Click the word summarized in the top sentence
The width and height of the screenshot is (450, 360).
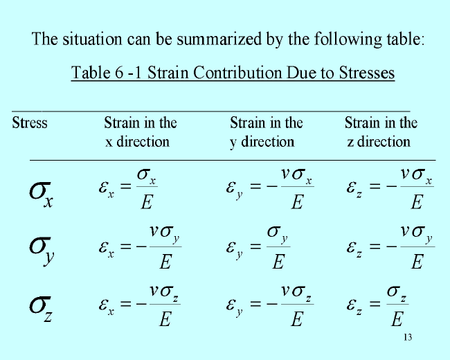coord(219,39)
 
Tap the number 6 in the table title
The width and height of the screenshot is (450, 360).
coord(119,72)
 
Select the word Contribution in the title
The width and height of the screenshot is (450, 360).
coord(237,72)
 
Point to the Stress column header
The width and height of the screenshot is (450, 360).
coord(30,123)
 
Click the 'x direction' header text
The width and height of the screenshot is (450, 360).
coord(137,142)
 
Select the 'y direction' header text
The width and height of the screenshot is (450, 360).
coord(262,142)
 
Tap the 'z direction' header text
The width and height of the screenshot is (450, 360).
coord(379,142)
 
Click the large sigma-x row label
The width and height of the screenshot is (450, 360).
coord(41,194)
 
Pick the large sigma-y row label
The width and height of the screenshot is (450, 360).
coord(42,251)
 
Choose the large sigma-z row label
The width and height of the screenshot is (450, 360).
coord(41,308)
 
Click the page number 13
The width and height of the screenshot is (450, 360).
coord(408,337)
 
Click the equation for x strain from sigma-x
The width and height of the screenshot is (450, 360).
coord(128,188)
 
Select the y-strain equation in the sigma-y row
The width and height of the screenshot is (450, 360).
coord(258,247)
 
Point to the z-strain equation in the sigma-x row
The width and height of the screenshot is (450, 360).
coord(390,188)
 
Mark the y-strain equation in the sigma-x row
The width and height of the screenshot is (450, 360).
coord(270,188)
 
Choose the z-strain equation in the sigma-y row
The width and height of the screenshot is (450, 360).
coord(390,247)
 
